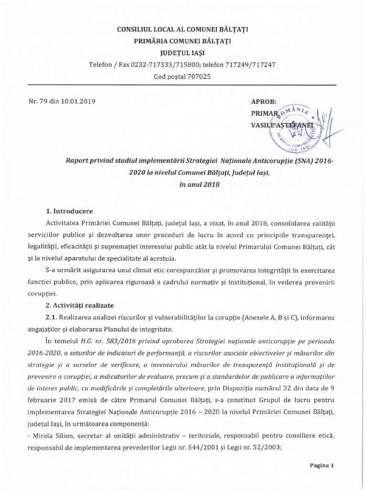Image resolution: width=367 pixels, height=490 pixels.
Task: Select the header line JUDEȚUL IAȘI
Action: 183,53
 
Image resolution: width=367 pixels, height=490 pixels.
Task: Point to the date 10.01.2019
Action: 76,101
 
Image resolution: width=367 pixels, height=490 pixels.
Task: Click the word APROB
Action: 264,101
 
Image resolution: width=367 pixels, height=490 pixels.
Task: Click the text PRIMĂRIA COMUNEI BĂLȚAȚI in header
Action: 183,41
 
